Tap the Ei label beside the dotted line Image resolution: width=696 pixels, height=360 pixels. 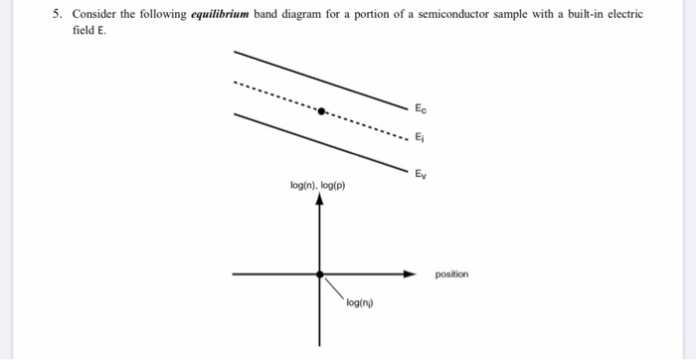[421, 139]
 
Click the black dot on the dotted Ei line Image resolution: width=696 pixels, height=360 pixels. [320, 110]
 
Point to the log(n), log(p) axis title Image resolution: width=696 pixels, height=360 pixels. [318, 185]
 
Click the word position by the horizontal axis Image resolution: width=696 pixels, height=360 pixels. [451, 273]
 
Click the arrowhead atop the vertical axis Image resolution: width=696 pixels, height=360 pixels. [319, 198]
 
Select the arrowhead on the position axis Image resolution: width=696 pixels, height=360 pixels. [409, 272]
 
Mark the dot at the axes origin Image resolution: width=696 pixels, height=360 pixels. [319, 272]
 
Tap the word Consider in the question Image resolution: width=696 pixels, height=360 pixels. [94, 15]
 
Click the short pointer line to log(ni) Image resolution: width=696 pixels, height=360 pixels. [333, 286]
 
